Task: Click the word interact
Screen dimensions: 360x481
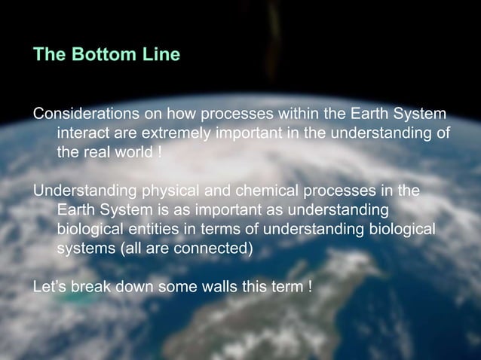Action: tap(83, 133)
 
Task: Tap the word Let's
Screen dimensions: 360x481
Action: tap(51, 287)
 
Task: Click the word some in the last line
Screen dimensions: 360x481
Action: tap(177, 287)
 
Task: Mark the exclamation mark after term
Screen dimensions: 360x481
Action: tap(311, 287)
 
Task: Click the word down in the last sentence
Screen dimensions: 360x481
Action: tap(134, 287)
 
